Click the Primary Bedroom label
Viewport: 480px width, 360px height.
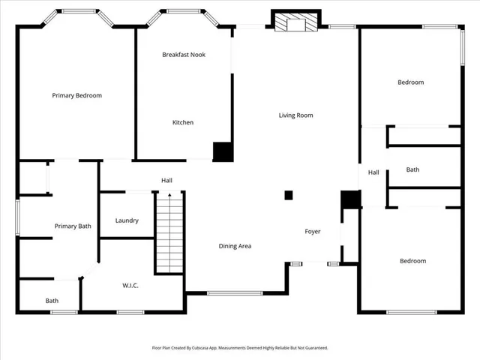click(76, 95)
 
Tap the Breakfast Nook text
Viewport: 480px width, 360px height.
click(184, 55)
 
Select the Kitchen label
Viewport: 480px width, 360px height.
click(183, 122)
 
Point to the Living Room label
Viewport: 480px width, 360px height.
click(295, 115)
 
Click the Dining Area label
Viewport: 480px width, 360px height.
click(235, 246)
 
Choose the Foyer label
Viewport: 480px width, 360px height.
click(312, 232)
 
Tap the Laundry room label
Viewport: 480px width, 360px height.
click(127, 220)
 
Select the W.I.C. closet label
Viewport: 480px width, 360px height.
click(130, 285)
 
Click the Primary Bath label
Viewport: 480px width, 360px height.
click(72, 226)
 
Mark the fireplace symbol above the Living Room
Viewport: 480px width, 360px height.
click(296, 23)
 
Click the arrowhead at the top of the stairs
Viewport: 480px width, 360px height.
click(169, 195)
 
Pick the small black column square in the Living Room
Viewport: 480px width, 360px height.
click(288, 196)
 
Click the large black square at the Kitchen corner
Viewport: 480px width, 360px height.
click(223, 151)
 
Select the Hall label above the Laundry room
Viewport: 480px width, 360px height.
click(166, 180)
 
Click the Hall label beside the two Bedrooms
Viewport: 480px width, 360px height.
click(373, 172)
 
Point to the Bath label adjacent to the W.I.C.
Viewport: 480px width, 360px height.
click(52, 301)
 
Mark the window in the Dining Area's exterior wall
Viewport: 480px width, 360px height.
click(235, 292)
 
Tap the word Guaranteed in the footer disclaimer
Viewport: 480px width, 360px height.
click(313, 348)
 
